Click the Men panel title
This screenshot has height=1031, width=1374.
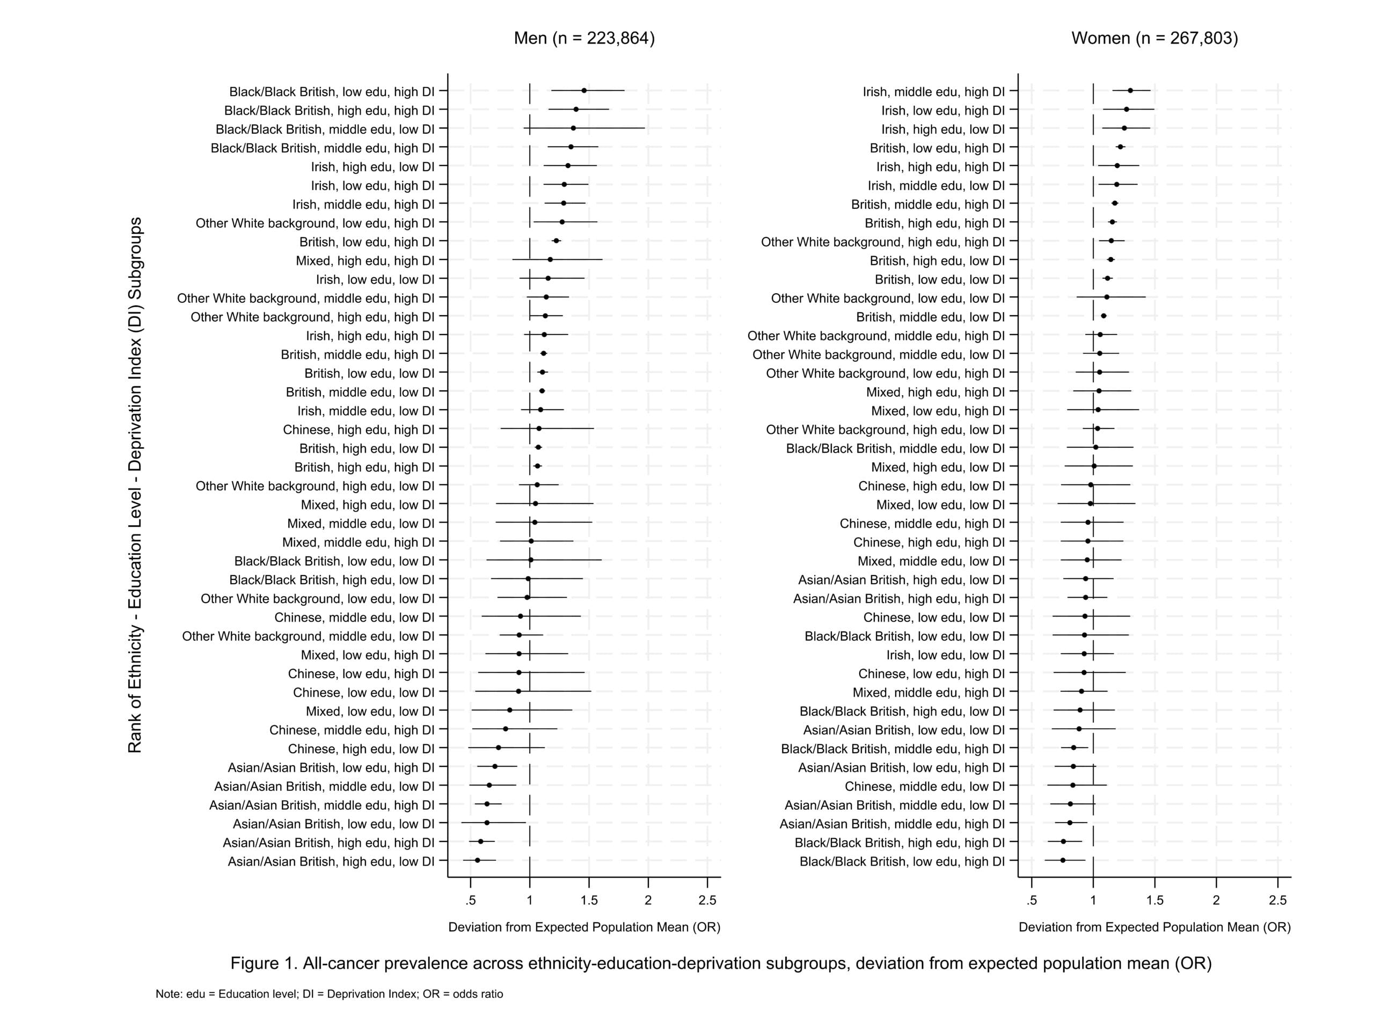[x=584, y=39]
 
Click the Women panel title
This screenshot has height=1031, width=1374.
[x=1154, y=39]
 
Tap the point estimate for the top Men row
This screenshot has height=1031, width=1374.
[x=584, y=91]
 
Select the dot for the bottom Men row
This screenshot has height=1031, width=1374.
[x=477, y=860]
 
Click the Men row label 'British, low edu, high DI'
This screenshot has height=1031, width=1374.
[x=367, y=242]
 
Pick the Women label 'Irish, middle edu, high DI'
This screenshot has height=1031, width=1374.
[x=933, y=92]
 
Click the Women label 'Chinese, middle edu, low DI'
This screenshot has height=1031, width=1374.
[x=924, y=786]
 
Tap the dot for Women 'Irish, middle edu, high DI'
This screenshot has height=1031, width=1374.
[x=1130, y=91]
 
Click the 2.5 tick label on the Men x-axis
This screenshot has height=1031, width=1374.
[x=707, y=901]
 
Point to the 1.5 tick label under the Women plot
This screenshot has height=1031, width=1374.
[x=1154, y=901]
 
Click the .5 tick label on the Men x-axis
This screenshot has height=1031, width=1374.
[x=470, y=901]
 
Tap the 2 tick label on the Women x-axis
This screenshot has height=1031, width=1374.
[x=1216, y=901]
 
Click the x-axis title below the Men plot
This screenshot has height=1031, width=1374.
[x=584, y=927]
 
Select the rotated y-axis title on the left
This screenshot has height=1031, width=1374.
[x=135, y=485]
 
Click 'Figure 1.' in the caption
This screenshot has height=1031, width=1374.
[x=264, y=963]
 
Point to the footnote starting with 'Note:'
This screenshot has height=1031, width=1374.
[x=329, y=994]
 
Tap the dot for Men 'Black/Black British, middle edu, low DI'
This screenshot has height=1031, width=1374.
[x=573, y=128]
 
